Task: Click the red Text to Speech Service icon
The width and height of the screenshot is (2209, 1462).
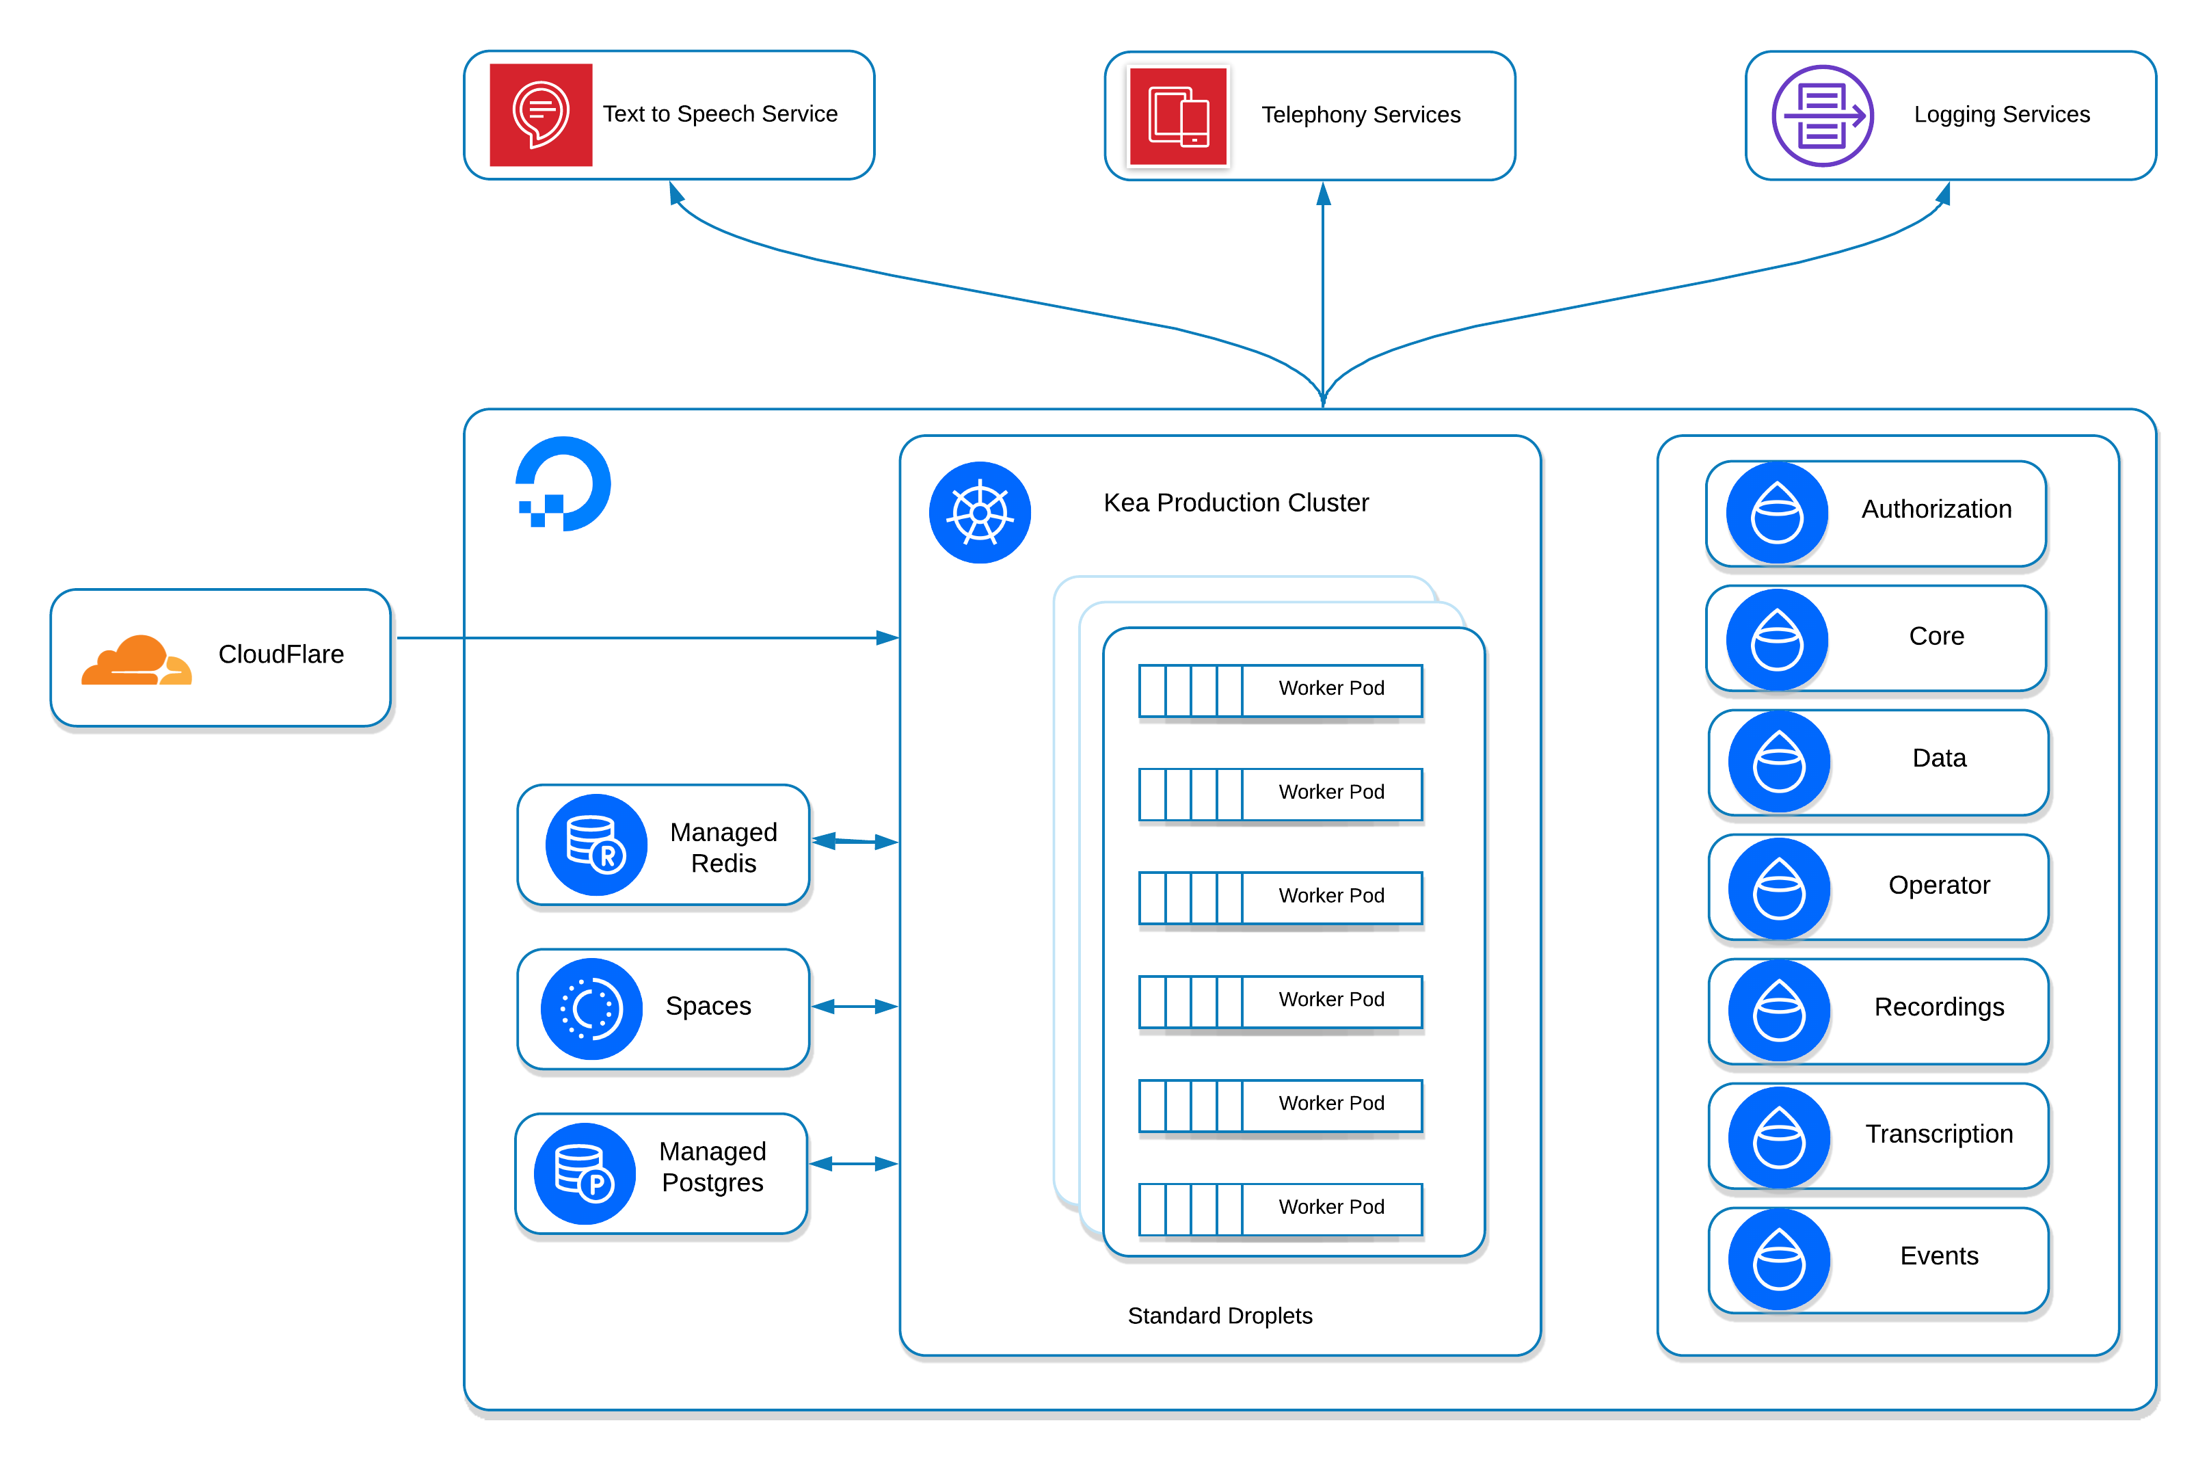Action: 541,115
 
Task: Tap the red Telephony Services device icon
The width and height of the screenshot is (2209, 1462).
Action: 1178,116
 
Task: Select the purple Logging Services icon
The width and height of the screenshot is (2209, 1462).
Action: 1822,116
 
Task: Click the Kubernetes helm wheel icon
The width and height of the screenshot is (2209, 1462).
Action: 980,513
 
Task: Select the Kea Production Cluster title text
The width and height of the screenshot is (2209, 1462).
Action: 1236,503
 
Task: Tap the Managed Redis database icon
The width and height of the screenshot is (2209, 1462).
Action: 595,845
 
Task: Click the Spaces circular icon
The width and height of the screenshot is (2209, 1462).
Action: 591,1009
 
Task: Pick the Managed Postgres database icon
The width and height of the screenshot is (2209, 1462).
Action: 585,1173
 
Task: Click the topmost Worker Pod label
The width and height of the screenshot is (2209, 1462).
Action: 1331,688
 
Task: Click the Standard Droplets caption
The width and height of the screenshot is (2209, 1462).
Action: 1219,1316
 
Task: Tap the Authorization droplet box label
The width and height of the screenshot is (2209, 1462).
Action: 1936,509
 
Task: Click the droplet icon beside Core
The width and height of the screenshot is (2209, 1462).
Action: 1776,639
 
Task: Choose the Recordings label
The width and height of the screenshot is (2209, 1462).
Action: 1939,1007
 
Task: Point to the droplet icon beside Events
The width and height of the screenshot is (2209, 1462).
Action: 1778,1260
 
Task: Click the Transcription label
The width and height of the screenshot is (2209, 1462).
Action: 1939,1134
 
